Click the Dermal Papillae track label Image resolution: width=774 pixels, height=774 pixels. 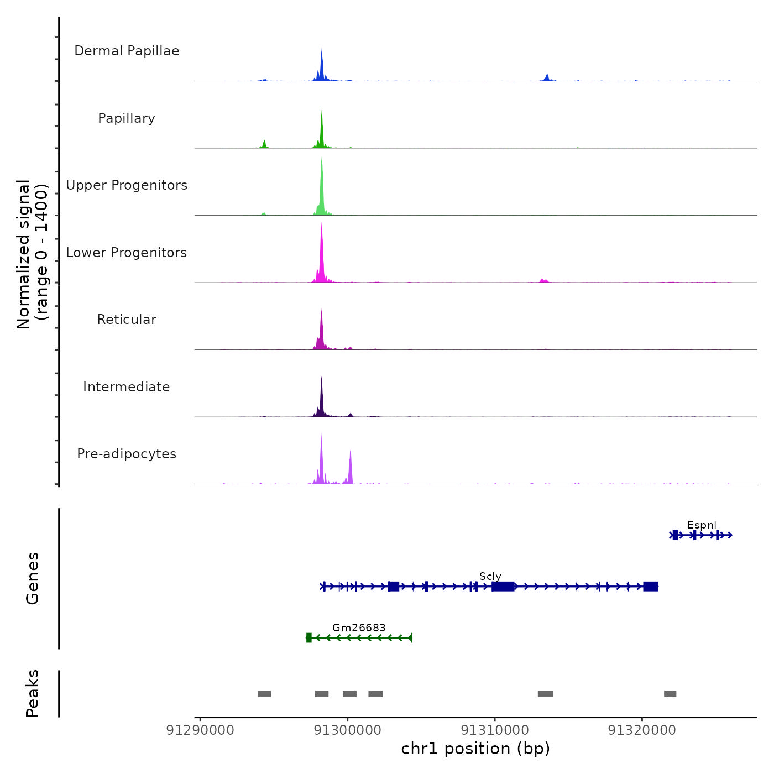127,51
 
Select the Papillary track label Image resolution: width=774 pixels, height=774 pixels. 127,118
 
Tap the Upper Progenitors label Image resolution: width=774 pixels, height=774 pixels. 127,185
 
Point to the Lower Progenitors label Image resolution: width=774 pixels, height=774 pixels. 127,253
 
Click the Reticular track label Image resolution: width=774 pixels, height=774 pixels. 127,320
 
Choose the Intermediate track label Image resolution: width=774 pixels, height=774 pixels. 127,387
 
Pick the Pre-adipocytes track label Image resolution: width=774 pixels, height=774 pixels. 127,454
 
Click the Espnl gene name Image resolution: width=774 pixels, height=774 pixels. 702,525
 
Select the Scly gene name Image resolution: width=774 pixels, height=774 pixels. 490,577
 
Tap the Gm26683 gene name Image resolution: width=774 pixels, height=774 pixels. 359,627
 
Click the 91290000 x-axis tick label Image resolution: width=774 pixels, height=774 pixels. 200,730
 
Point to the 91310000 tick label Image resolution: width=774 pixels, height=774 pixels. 495,730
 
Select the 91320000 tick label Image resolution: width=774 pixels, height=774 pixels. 642,730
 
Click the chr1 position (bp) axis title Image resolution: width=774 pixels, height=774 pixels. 475,749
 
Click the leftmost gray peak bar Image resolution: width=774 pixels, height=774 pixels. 264,694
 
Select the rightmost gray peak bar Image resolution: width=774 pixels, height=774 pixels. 670,694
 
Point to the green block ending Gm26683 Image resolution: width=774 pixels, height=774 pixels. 309,637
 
